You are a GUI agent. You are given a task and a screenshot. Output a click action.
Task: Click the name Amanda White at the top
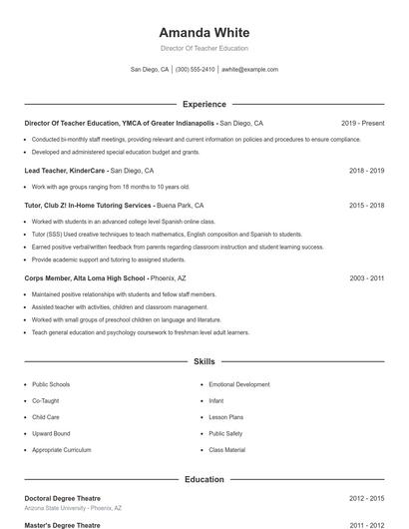point(204,32)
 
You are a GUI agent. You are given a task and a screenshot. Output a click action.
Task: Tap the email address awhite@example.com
point(249,70)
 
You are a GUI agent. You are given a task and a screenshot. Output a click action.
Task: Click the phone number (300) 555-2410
point(195,70)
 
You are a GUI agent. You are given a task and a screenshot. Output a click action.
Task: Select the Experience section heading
point(204,104)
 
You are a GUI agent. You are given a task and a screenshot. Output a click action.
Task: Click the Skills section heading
point(204,361)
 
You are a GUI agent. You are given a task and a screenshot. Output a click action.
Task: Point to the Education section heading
point(204,479)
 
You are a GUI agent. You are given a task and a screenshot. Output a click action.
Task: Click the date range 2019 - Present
point(362,123)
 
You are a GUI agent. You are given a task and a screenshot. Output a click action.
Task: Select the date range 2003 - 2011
point(366,278)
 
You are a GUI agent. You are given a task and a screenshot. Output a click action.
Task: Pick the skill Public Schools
point(51,384)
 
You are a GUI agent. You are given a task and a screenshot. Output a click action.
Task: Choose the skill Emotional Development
point(239,384)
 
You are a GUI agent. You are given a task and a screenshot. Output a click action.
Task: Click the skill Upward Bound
point(51,433)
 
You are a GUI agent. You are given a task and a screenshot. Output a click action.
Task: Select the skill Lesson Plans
point(226,417)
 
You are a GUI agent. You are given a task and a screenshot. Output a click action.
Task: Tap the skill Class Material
point(227,450)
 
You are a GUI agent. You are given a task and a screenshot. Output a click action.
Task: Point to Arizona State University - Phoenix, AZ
point(73,507)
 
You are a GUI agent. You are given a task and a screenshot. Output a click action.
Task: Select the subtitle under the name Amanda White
point(204,48)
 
